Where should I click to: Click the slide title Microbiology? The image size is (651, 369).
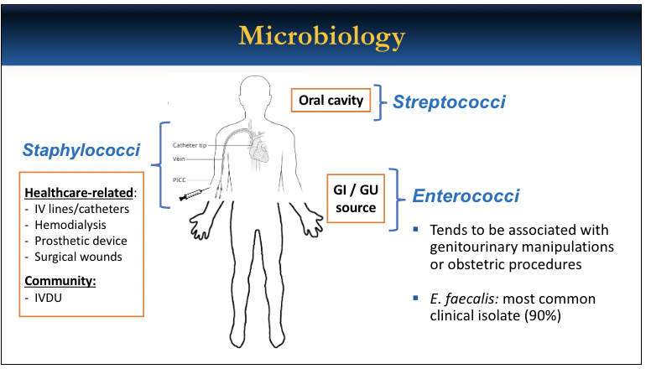point(322,36)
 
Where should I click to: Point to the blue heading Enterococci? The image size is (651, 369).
point(466,196)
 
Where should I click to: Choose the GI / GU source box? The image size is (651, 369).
point(357,199)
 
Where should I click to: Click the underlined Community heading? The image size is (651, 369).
point(60,280)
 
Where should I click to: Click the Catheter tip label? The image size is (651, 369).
point(190,145)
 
